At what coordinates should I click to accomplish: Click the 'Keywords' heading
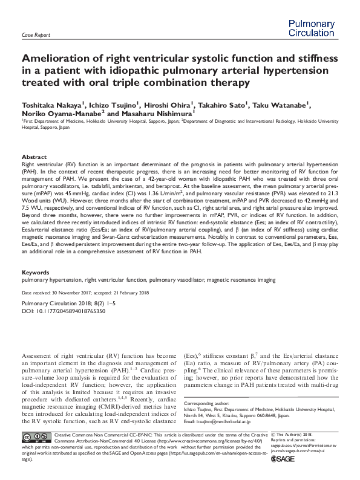pyautogui.click(x=36, y=273)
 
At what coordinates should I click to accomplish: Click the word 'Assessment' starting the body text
pyautogui.click(x=43, y=356)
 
